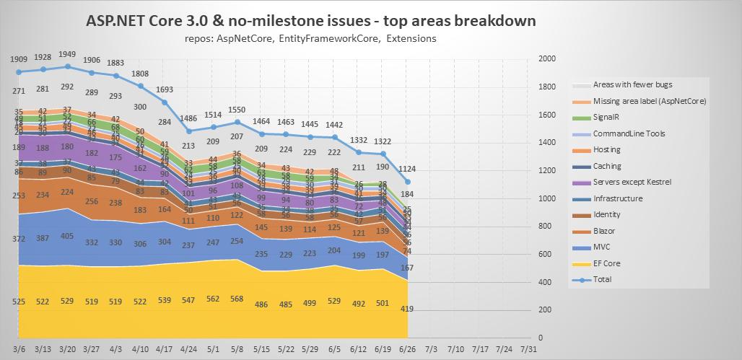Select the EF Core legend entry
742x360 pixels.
606,263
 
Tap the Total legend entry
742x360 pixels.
602,279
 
